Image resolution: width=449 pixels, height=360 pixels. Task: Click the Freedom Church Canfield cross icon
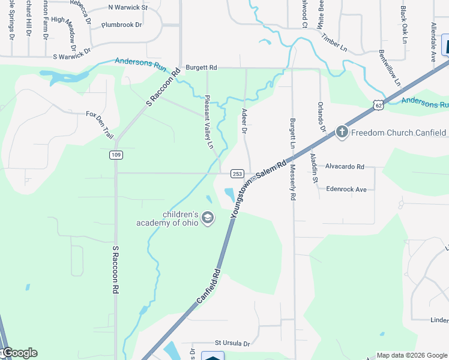342,132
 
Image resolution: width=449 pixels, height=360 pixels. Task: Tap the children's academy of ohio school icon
208,218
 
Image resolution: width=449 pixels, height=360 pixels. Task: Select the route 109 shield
116,155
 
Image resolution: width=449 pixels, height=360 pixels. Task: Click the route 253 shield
237,174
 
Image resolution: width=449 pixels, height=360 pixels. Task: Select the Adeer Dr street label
244,121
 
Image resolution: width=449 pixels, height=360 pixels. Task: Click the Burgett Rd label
201,68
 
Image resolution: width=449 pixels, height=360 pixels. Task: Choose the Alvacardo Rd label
345,167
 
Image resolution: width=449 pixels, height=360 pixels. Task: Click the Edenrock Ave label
346,189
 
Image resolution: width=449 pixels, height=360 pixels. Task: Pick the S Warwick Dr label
71,57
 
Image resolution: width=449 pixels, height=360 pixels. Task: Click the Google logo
19,353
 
